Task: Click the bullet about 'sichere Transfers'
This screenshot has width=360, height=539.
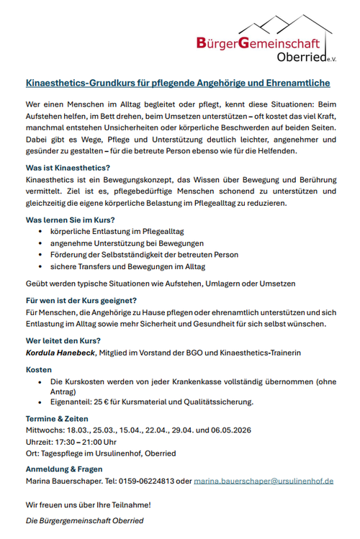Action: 118,266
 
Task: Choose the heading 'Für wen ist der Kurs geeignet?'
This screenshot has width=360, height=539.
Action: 81,300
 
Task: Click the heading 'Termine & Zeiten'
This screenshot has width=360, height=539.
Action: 57,418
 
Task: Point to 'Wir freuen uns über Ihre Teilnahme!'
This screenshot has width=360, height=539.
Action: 88,505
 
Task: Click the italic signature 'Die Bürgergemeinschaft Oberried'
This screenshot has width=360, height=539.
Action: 84,520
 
